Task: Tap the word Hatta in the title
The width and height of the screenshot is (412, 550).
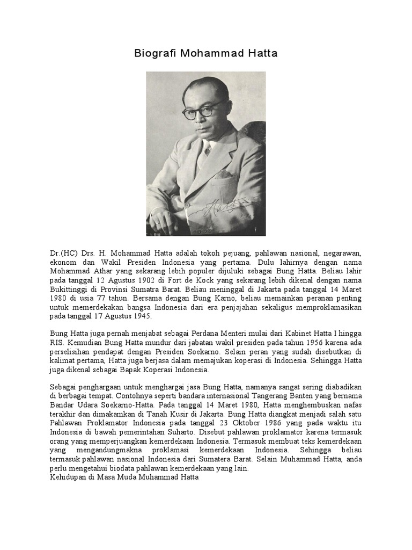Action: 263,54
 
